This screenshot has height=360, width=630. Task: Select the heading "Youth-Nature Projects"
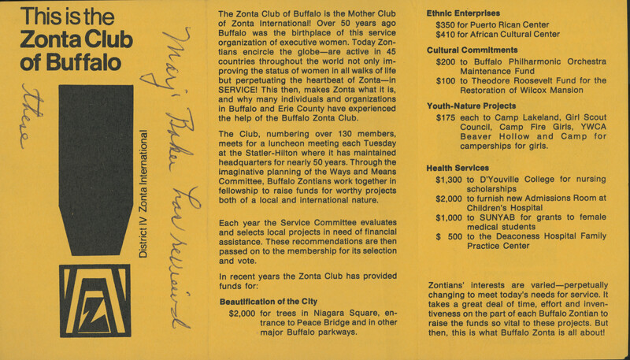472,106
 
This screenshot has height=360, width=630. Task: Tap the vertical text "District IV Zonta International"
145,201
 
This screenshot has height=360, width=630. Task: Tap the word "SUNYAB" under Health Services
508,216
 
